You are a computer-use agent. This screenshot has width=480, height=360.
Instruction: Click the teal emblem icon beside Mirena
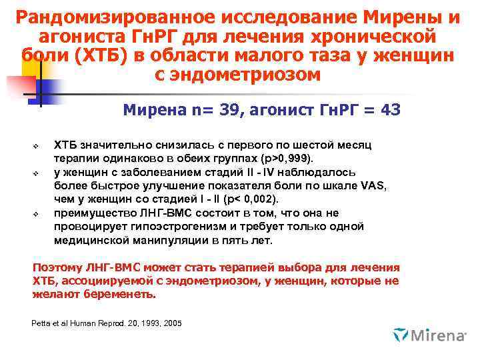coord(401,334)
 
